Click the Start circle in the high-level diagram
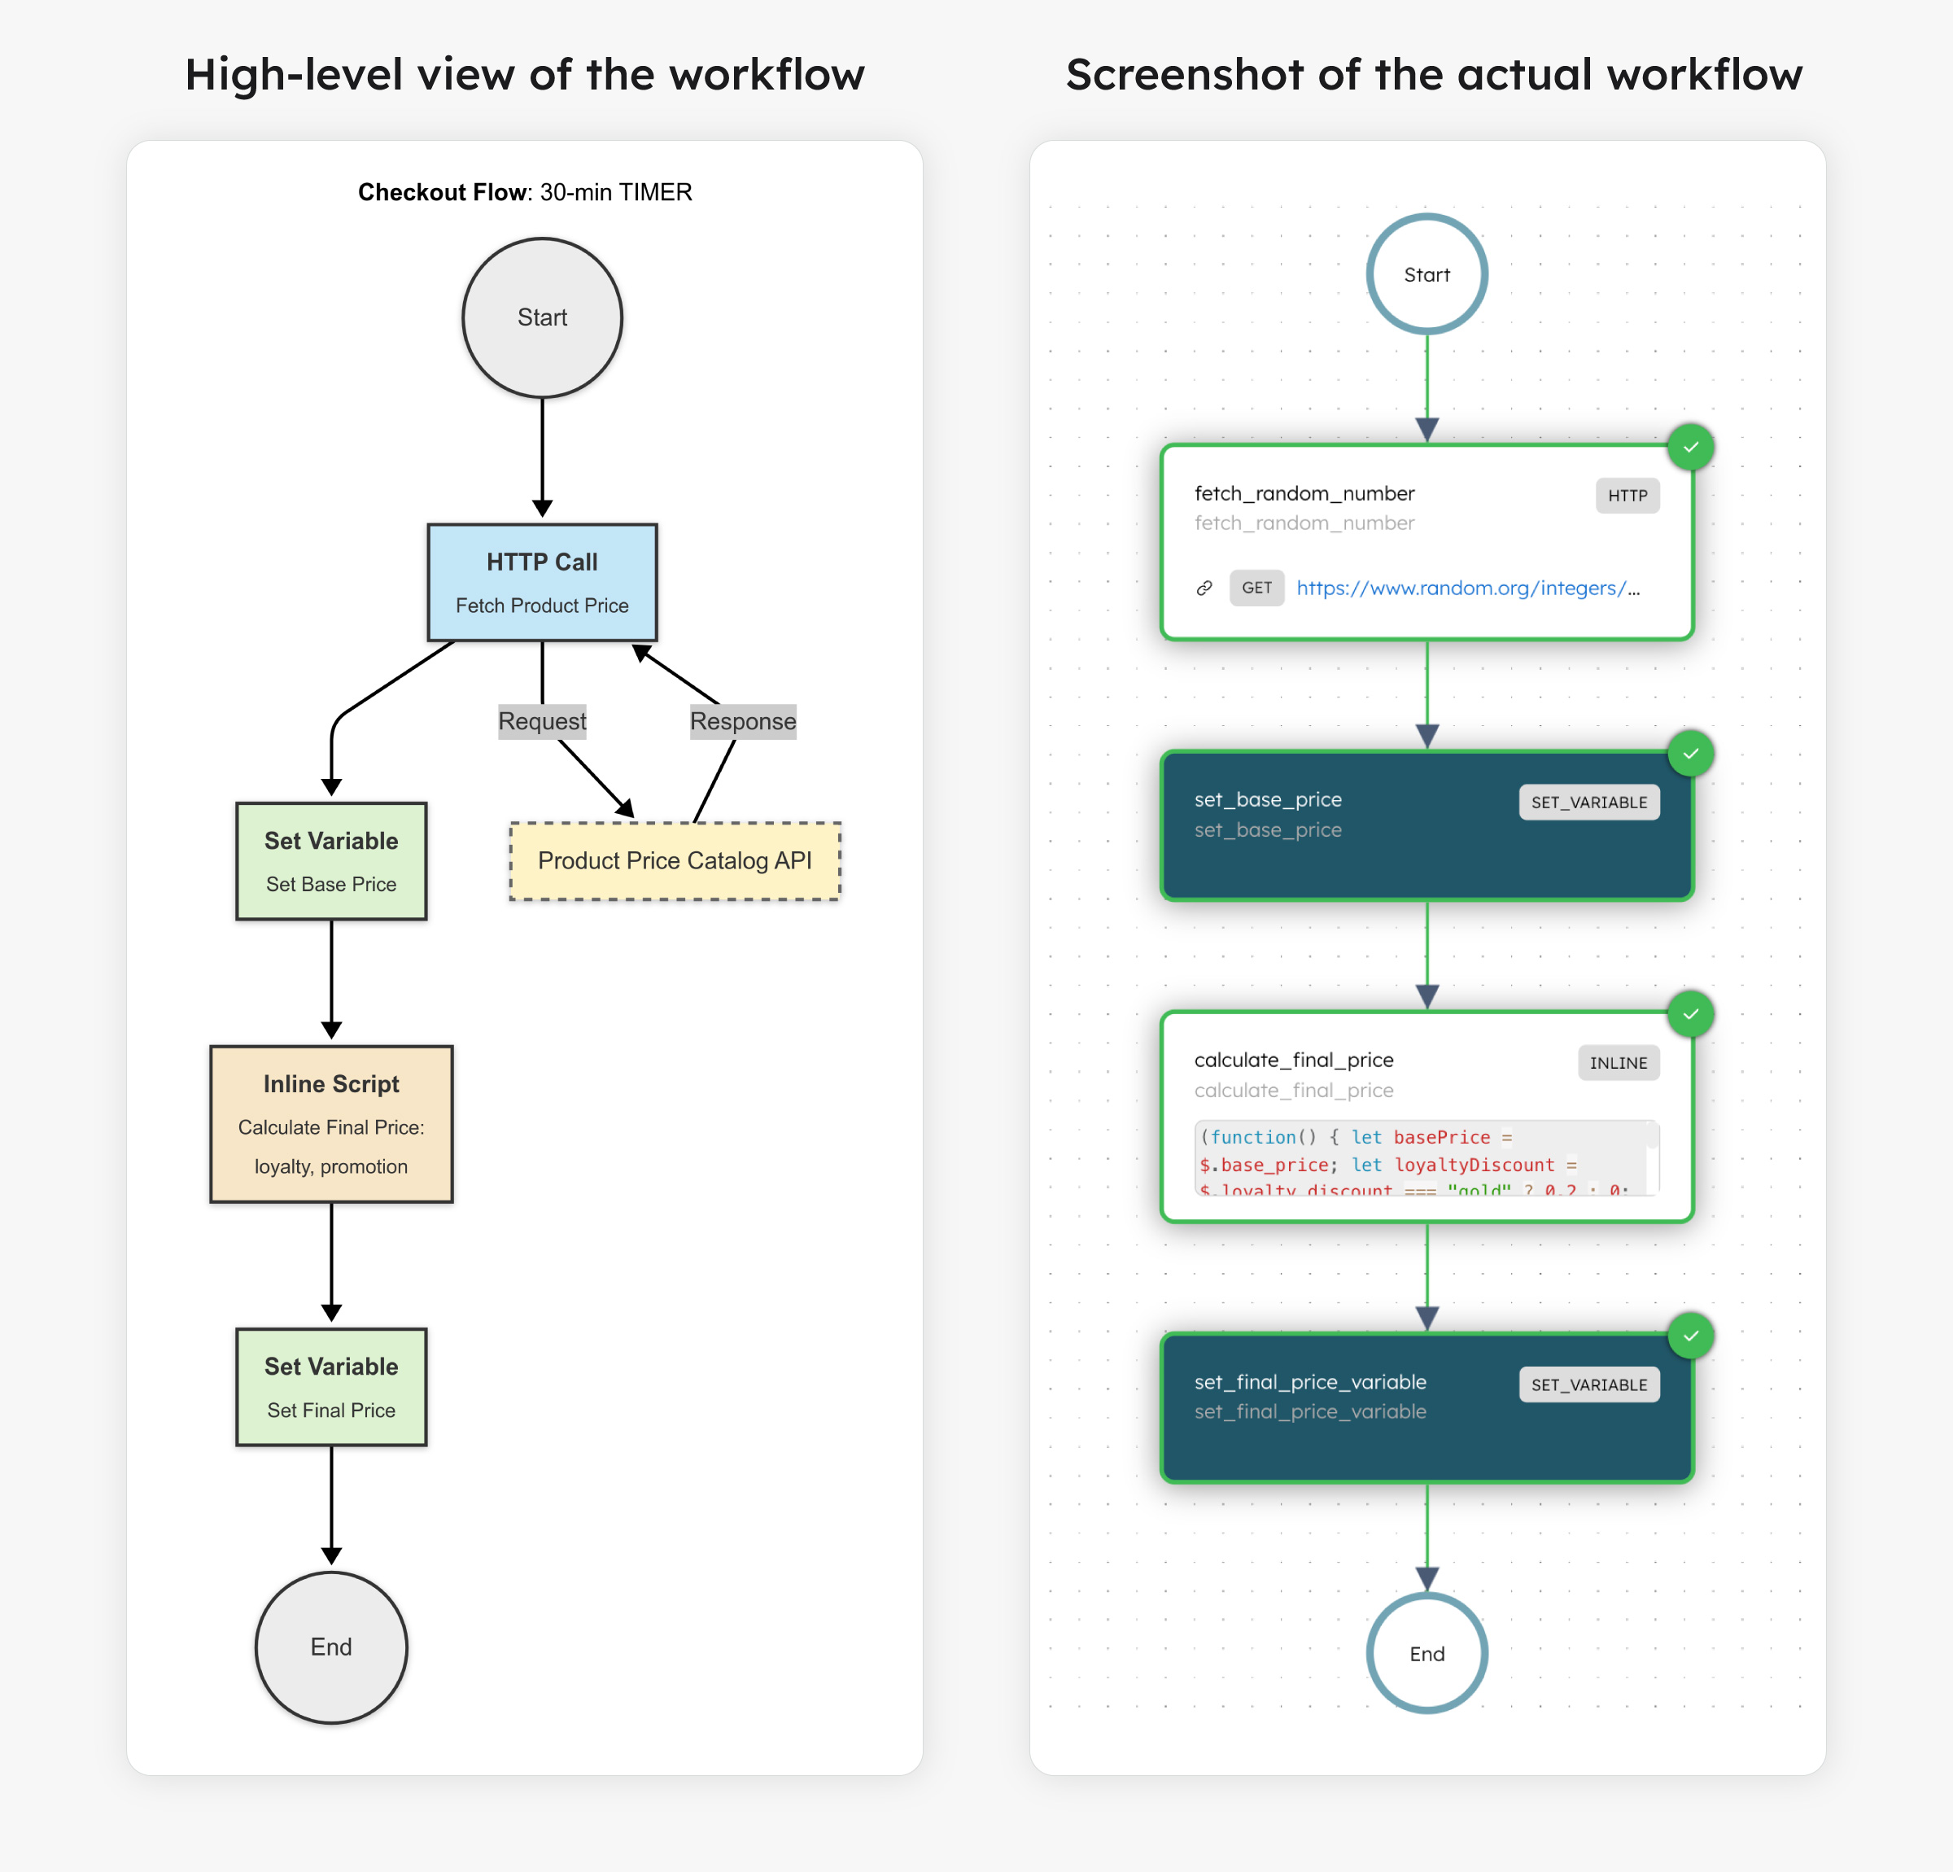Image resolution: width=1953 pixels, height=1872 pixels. [x=542, y=317]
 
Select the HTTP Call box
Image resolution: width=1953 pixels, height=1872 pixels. [x=542, y=582]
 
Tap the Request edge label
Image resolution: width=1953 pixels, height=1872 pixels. [x=542, y=720]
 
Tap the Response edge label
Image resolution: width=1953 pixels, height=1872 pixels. [x=742, y=720]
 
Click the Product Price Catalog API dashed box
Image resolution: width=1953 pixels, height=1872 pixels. [x=675, y=860]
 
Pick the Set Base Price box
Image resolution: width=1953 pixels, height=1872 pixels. [x=331, y=860]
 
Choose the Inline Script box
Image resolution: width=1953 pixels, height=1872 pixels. [x=331, y=1123]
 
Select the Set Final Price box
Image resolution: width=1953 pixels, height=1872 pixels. [x=331, y=1387]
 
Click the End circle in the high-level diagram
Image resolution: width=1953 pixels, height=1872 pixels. [x=331, y=1647]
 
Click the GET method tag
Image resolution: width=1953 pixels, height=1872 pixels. [x=1256, y=588]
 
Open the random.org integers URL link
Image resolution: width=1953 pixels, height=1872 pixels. [x=1466, y=588]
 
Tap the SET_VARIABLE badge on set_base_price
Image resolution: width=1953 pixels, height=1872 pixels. [x=1588, y=803]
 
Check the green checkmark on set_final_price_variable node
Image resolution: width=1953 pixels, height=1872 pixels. [x=1690, y=1336]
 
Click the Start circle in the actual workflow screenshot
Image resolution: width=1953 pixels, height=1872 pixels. [x=1426, y=274]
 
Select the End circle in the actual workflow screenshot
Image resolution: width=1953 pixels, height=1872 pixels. [x=1426, y=1654]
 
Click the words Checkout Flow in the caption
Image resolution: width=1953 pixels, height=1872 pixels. [x=441, y=192]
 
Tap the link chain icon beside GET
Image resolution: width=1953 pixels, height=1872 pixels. [x=1204, y=588]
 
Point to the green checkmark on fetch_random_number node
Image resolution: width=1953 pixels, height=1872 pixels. [x=1690, y=448]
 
